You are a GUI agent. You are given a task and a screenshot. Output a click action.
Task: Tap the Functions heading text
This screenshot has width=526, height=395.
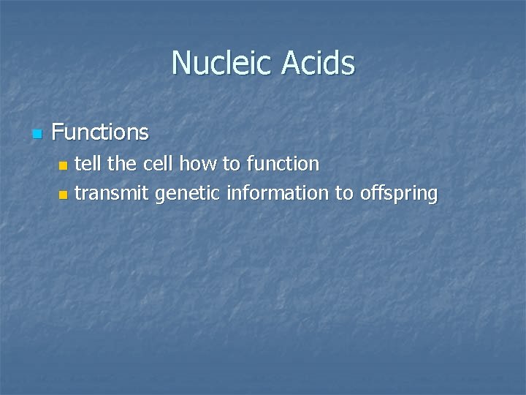[100, 132]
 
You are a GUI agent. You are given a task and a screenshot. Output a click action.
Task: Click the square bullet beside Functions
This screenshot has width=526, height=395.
[37, 134]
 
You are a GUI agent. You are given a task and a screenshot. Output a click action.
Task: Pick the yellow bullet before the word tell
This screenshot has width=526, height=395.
[63, 165]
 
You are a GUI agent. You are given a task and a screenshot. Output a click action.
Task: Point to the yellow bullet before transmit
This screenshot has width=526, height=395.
[63, 195]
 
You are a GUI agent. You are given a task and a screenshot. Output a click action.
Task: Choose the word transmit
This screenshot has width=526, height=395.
[111, 194]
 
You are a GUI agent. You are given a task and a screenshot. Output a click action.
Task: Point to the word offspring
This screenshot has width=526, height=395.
[399, 194]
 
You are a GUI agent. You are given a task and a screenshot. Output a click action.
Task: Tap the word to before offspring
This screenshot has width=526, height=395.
[344, 194]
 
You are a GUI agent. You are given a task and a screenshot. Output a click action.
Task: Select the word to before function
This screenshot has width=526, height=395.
[232, 164]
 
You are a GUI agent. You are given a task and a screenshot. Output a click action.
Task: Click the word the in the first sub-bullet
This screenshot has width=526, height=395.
[122, 164]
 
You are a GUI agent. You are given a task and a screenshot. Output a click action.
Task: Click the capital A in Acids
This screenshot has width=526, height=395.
[288, 63]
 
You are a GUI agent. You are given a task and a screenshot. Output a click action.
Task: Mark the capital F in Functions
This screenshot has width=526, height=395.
[58, 132]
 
